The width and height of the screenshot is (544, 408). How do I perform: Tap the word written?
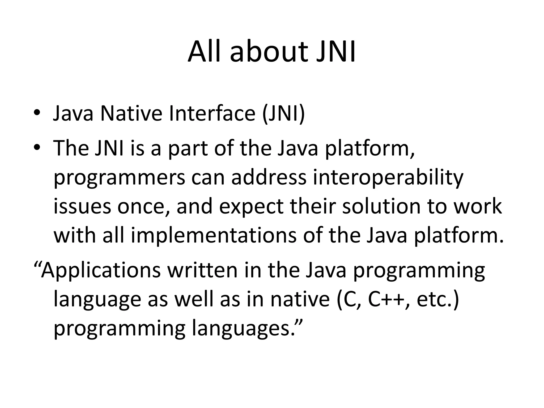click(x=202, y=270)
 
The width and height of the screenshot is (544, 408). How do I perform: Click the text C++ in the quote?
click(x=388, y=300)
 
